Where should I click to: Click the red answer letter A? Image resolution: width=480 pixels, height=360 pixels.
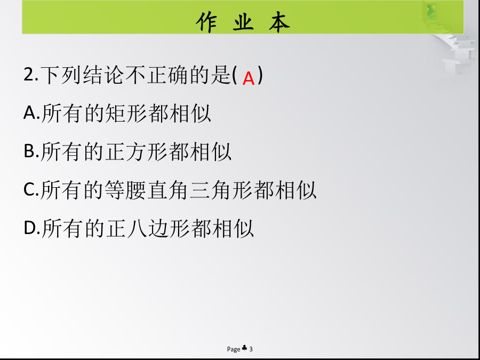pos(249,79)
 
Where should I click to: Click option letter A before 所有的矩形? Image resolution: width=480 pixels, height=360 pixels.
pos(30,113)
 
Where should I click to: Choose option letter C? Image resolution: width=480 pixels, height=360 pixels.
pos(29,189)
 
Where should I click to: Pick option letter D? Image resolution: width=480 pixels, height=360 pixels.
pos(30,228)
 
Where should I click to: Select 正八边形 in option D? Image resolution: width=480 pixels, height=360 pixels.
pos(147,229)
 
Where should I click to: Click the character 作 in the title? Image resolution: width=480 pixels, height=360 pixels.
pos(206,22)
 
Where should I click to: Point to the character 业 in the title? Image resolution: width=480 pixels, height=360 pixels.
pos(243,22)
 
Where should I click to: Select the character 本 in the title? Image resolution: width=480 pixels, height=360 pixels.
pos(279,22)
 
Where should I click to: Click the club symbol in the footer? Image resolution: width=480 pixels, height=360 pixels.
pos(244,348)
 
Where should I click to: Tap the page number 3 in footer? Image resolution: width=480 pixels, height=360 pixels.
pos(251,349)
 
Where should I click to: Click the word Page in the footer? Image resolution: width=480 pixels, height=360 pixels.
pos(234,349)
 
